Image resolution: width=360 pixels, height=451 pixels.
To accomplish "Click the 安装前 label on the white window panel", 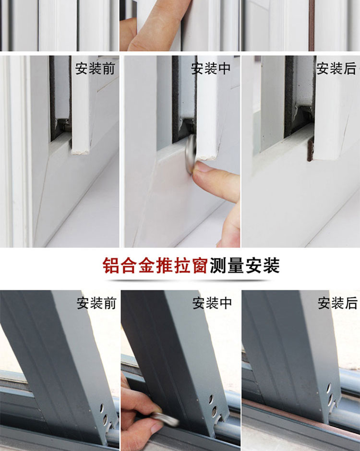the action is point(95,69).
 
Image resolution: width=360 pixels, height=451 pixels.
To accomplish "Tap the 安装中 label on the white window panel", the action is point(211,69).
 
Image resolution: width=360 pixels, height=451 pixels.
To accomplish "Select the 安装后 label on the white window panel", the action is point(336,69).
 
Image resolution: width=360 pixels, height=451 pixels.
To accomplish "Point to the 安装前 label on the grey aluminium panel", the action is point(96,303).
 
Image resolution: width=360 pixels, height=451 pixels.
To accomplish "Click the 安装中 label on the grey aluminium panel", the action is point(212,303).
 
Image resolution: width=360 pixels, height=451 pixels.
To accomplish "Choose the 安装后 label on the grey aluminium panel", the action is point(337,303).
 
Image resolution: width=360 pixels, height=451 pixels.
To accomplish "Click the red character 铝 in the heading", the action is point(111,265).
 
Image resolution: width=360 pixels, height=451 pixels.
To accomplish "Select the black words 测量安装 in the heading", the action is point(245,265).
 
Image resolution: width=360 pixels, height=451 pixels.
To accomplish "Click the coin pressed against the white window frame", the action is point(191,154).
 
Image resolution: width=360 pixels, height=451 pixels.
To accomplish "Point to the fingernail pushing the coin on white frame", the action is point(202,167).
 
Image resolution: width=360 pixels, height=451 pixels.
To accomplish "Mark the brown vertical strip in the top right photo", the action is point(312,25).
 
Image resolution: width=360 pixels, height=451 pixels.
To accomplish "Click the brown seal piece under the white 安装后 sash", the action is point(310,149).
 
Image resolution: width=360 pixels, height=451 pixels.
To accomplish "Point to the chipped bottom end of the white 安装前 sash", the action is point(81,151).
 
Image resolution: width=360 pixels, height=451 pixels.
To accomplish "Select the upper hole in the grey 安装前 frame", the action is point(102,408).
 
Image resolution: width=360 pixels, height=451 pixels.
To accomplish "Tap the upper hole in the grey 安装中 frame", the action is point(211,399).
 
